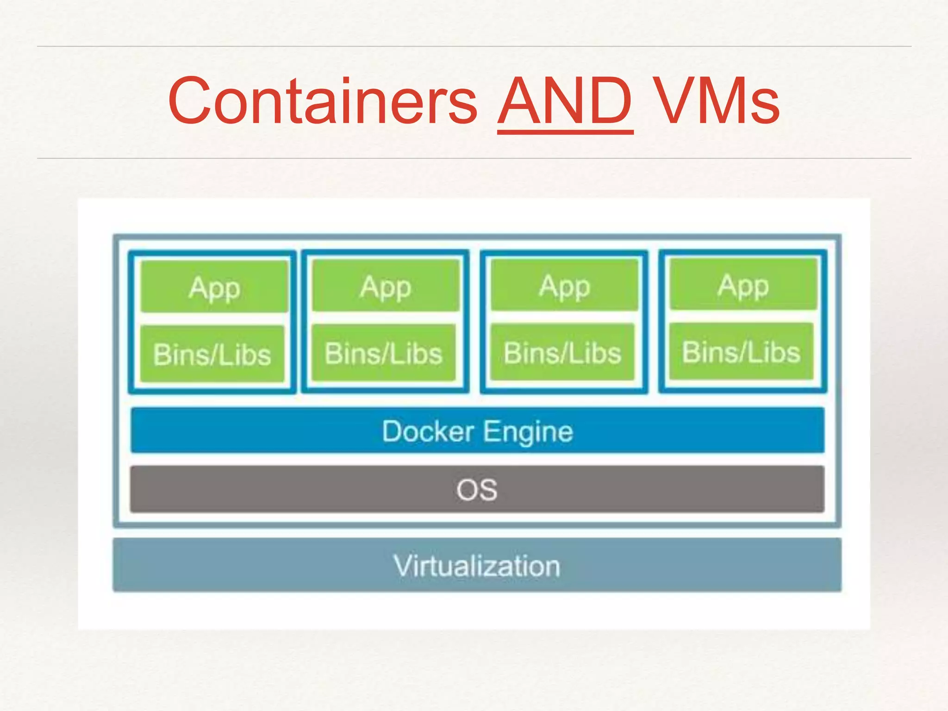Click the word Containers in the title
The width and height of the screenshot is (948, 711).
tap(323, 101)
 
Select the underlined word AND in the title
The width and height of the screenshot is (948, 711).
tap(565, 101)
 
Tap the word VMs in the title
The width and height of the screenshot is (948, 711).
tap(717, 101)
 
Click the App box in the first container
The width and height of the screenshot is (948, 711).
tap(214, 287)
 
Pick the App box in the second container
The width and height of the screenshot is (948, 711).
tap(386, 286)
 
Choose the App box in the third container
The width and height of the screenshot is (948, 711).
tap(564, 285)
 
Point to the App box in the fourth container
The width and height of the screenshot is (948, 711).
tap(743, 284)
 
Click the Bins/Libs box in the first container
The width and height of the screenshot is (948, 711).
tap(212, 354)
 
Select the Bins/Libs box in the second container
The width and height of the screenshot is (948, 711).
tap(383, 353)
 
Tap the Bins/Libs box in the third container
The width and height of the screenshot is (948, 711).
tap(562, 352)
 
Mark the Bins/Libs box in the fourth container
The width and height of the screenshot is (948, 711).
tap(741, 351)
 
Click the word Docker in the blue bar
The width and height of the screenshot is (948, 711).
tap(428, 431)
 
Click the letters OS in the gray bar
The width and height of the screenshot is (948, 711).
tap(477, 490)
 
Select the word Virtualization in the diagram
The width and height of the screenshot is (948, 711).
tap(477, 566)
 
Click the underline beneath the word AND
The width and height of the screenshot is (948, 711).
tap(565, 133)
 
